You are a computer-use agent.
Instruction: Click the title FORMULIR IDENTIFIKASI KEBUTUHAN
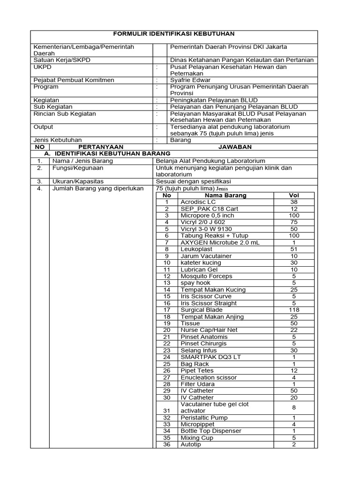pyautogui.click(x=174, y=34)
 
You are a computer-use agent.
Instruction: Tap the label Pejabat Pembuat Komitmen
pyautogui.click(x=74, y=80)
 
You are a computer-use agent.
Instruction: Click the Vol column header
pyautogui.click(x=294, y=195)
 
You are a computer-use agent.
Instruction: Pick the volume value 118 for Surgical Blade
pyautogui.click(x=294, y=310)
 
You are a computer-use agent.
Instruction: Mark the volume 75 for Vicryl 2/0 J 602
pyautogui.click(x=294, y=222)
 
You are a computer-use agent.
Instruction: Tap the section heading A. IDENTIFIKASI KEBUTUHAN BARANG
pyautogui.click(x=107, y=153)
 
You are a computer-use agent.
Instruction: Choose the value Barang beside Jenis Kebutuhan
pyautogui.click(x=180, y=140)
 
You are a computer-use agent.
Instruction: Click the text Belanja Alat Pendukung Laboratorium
pyautogui.click(x=211, y=161)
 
